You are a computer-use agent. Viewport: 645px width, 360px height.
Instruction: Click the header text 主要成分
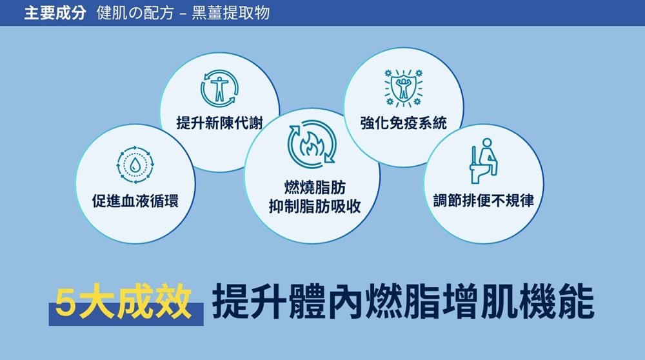click(55, 13)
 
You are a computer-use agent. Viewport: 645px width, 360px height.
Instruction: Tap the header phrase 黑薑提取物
click(231, 13)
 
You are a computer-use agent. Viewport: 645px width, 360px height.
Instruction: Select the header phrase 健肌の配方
click(135, 13)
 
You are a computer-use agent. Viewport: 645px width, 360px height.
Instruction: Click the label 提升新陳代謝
click(220, 123)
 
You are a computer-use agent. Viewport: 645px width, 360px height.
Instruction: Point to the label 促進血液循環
click(135, 201)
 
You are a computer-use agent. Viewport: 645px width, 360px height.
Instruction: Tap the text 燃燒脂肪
click(315, 188)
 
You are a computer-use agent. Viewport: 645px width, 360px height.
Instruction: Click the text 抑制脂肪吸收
click(315, 206)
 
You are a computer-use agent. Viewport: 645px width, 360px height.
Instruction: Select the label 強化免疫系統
click(404, 123)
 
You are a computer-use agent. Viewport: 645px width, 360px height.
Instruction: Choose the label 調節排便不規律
click(484, 201)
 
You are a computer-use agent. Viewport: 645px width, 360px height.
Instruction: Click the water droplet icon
click(135, 165)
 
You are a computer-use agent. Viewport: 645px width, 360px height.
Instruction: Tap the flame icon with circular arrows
click(312, 144)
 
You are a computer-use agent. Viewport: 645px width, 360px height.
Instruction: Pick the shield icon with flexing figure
click(404, 88)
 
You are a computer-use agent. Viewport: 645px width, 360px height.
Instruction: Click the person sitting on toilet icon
click(484, 161)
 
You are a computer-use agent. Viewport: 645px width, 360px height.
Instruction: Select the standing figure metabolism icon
click(220, 88)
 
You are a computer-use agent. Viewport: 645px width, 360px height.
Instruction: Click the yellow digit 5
click(66, 303)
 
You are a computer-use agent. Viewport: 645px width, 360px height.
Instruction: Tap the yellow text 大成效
click(135, 303)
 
